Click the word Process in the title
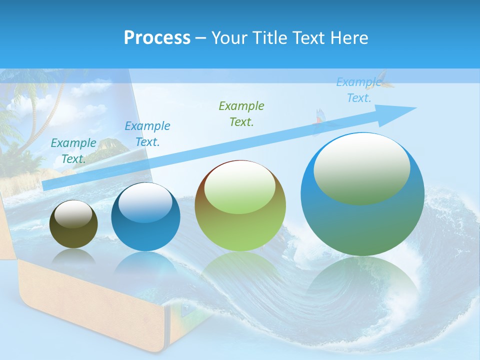point(157,38)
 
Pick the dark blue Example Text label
point(147,134)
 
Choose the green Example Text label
point(241,113)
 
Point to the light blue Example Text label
point(358,90)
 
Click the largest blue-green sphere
point(362,215)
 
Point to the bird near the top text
point(385,80)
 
